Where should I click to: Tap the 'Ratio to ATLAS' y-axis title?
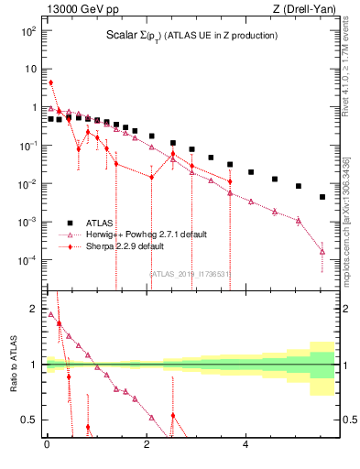tap(12, 362)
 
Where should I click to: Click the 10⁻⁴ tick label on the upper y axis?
tap(27, 260)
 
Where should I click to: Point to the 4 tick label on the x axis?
tap(245, 445)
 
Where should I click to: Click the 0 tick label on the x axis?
tap(46, 445)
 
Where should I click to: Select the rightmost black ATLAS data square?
tap(322, 197)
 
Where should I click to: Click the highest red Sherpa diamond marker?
tap(50, 82)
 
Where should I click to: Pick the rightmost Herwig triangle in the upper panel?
tap(322, 251)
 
